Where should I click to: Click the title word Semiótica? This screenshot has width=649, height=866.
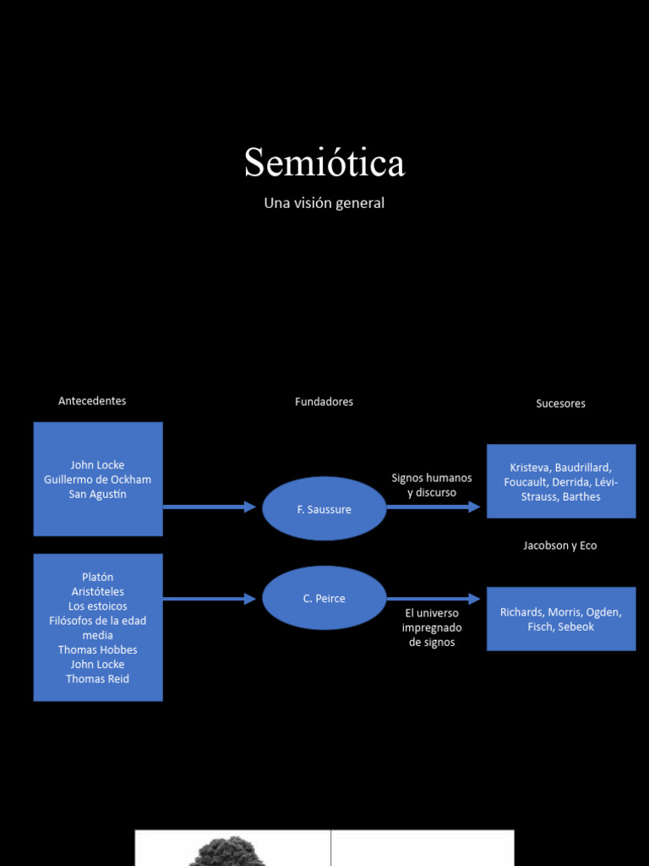(x=324, y=162)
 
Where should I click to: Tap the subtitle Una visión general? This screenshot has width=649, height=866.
(x=324, y=203)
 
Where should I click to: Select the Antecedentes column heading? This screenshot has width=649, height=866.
(x=92, y=401)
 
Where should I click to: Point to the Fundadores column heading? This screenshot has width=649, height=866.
(x=324, y=402)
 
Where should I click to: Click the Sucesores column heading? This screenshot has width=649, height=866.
(x=561, y=403)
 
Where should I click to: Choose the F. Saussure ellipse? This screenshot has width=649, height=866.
(x=324, y=508)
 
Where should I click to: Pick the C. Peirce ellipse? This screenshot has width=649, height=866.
(x=324, y=598)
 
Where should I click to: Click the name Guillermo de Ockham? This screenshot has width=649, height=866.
(x=98, y=480)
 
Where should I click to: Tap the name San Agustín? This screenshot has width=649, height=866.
(x=98, y=494)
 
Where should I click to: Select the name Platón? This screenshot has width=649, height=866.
(x=98, y=577)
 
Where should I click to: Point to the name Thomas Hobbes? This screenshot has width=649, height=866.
(x=98, y=650)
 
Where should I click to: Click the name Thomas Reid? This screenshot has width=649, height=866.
(x=98, y=679)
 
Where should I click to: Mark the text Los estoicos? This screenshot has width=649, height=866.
(x=98, y=606)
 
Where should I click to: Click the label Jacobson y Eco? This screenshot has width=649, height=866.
(x=560, y=545)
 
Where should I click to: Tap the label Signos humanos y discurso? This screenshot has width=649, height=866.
(x=432, y=485)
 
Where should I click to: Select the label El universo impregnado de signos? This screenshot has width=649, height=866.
(x=432, y=628)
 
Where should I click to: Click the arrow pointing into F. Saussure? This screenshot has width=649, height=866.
(x=210, y=507)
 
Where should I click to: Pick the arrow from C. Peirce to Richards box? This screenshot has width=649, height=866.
(x=434, y=599)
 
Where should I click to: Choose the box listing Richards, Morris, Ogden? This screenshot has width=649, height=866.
(x=561, y=618)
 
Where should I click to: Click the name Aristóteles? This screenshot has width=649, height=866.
(x=98, y=591)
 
